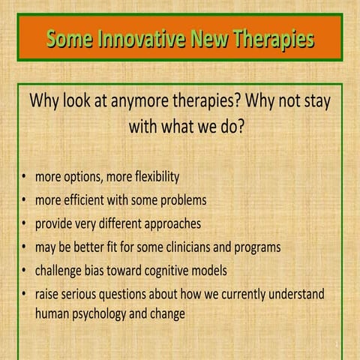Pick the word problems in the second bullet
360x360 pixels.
(181, 201)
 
